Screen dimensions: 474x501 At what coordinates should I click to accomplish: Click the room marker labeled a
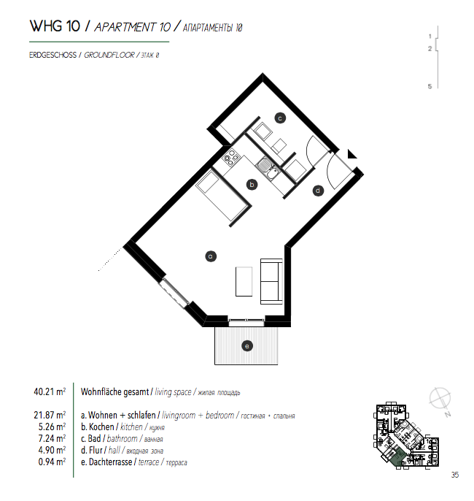(x=211, y=256)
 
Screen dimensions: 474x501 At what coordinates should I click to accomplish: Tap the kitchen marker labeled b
(x=252, y=184)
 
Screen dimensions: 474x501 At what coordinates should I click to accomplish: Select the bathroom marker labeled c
(x=280, y=118)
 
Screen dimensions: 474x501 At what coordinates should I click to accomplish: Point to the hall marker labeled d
(x=318, y=191)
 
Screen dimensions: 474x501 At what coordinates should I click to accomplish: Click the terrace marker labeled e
(x=247, y=345)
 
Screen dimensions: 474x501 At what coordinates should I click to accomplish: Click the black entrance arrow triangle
(x=351, y=154)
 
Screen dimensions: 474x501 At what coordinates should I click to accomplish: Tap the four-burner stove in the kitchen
(x=231, y=158)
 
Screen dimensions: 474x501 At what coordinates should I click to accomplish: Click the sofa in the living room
(x=271, y=281)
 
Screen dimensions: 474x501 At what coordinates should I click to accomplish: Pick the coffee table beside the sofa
(x=244, y=281)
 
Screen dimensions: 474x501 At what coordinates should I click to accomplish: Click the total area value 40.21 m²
(x=50, y=391)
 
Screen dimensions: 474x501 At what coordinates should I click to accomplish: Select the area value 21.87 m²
(x=50, y=415)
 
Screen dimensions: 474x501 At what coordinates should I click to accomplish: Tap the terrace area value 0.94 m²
(x=52, y=462)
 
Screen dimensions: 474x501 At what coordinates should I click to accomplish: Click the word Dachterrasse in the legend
(x=110, y=462)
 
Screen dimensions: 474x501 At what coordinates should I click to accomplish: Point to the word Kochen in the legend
(x=101, y=427)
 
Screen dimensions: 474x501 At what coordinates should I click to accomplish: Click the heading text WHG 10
(x=55, y=26)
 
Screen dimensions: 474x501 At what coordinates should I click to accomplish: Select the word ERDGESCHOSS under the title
(x=53, y=55)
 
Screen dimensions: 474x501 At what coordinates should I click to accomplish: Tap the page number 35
(x=455, y=475)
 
